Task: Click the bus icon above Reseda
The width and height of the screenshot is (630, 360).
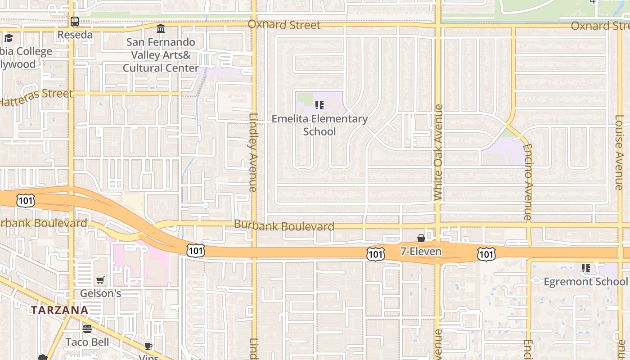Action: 75,22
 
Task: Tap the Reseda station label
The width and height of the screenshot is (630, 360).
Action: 75,35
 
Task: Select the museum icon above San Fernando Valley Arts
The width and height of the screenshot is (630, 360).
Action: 161,29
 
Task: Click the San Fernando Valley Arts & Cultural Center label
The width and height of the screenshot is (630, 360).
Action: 161,55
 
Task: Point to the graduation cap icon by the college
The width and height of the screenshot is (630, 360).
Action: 9,38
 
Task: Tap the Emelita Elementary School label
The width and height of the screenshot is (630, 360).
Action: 319,125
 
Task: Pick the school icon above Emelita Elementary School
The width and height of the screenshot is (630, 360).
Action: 319,106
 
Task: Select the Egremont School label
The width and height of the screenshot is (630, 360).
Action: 585,282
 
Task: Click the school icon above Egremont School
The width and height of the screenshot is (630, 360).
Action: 585,269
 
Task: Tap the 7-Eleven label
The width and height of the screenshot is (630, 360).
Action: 421,251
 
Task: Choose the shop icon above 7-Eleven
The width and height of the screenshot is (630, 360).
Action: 421,238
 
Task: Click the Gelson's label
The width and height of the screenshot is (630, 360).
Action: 100,293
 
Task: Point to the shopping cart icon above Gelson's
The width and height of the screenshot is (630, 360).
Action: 100,280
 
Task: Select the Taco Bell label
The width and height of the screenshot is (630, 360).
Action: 87,342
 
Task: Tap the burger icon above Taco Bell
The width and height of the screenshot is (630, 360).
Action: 87,329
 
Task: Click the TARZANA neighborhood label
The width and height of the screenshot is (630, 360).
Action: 59,310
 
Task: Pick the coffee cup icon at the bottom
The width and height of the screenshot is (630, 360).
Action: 148,346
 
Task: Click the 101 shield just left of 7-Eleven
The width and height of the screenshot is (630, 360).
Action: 375,254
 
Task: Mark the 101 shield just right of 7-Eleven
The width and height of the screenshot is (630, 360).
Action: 486,254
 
